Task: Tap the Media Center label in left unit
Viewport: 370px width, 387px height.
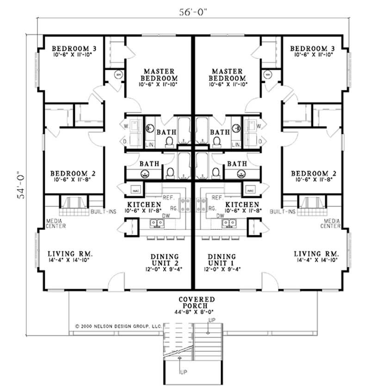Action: (x=55, y=223)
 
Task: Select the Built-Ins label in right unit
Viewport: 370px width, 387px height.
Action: (x=282, y=211)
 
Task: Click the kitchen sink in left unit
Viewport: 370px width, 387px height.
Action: (x=158, y=223)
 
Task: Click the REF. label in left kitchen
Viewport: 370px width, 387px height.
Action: (x=167, y=197)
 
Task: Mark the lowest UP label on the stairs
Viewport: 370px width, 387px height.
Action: (x=183, y=372)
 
